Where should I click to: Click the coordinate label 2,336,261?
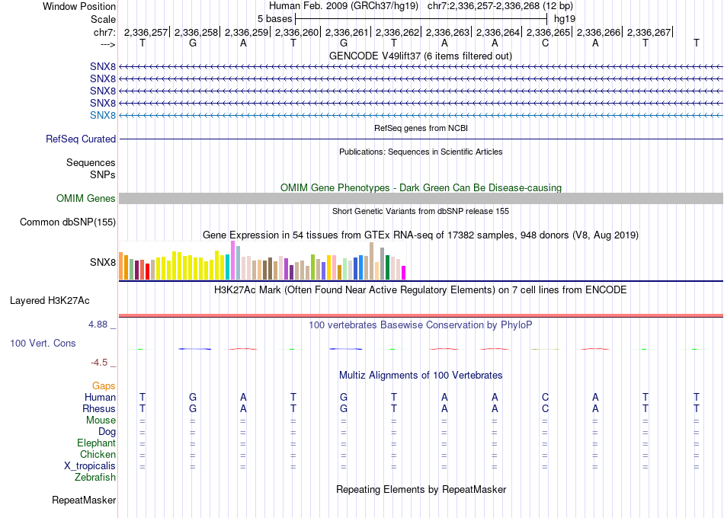pyautogui.click(x=346, y=32)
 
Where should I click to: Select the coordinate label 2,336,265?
pyautogui.click(x=548, y=32)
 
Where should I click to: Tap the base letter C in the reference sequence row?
pyautogui.click(x=546, y=43)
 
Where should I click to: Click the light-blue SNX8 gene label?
pyautogui.click(x=103, y=116)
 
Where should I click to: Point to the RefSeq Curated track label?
pyautogui.click(x=81, y=139)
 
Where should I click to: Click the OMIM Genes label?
pyautogui.click(x=86, y=199)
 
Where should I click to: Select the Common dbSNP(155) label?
pyautogui.click(x=68, y=222)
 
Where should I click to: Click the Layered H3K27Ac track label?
pyautogui.click(x=50, y=301)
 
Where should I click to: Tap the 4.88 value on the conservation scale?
pyautogui.click(x=98, y=325)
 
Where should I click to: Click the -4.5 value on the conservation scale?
pyautogui.click(x=99, y=363)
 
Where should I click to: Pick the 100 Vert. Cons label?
pyautogui.click(x=43, y=343)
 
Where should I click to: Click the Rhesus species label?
pyautogui.click(x=99, y=408)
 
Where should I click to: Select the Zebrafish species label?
pyautogui.click(x=95, y=477)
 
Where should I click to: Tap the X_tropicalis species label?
pyautogui.click(x=90, y=466)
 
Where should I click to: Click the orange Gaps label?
pyautogui.click(x=104, y=385)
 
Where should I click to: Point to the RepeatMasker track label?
pyautogui.click(x=84, y=500)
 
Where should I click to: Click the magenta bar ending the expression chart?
pyautogui.click(x=404, y=273)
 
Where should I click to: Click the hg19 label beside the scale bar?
pyautogui.click(x=565, y=19)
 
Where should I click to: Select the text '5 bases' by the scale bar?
pyautogui.click(x=274, y=19)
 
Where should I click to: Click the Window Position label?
pyautogui.click(x=79, y=6)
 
